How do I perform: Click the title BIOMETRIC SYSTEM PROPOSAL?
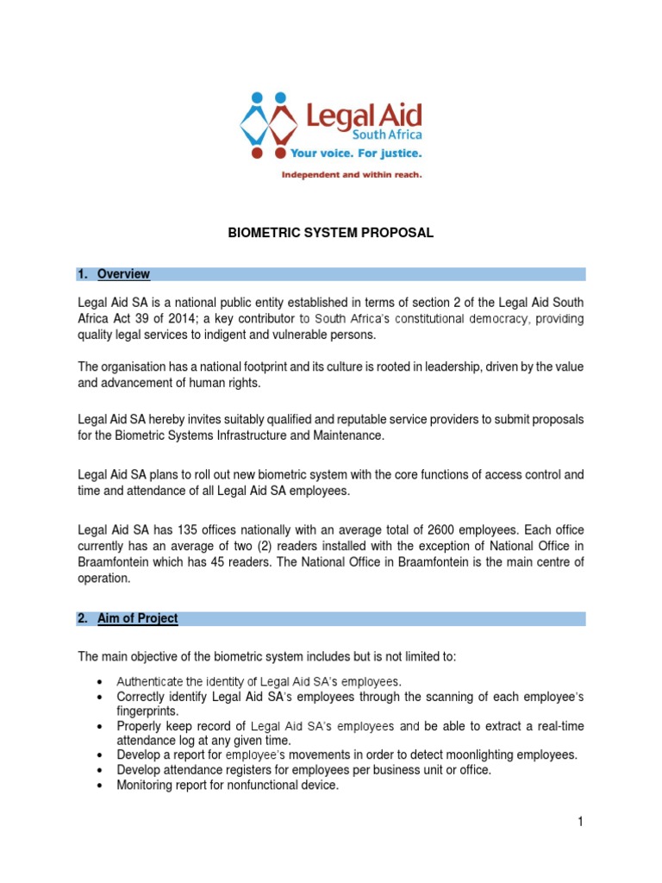coord(330,233)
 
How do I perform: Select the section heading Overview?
coord(123,274)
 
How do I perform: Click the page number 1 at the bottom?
coord(581,822)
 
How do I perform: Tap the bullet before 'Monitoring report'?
coord(103,786)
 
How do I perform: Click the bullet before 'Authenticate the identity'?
coord(103,681)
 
